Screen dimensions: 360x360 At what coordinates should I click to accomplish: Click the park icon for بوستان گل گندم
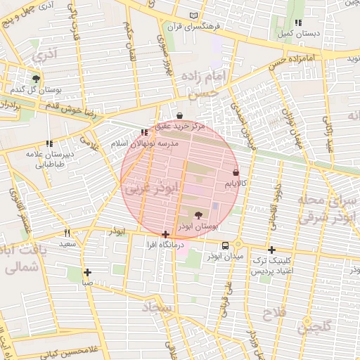[36, 78]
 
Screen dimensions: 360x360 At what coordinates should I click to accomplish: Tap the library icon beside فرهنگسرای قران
[194, 15]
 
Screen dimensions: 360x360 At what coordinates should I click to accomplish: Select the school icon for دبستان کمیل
[299, 22]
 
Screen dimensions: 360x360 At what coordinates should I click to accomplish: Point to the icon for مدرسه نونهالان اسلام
[145, 131]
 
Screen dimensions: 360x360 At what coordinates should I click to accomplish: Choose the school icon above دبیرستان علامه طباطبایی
[49, 143]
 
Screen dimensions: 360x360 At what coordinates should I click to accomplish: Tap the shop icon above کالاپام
[235, 172]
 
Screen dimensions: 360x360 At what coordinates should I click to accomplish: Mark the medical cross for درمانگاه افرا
[165, 234]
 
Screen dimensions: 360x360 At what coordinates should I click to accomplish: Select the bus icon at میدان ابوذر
[225, 245]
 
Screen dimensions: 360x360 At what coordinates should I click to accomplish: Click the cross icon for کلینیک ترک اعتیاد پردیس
[271, 250]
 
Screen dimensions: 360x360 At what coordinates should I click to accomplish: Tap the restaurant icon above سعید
[67, 233]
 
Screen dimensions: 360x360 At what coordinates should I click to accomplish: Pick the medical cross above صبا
[87, 272]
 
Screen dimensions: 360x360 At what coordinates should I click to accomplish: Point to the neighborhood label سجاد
[158, 307]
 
